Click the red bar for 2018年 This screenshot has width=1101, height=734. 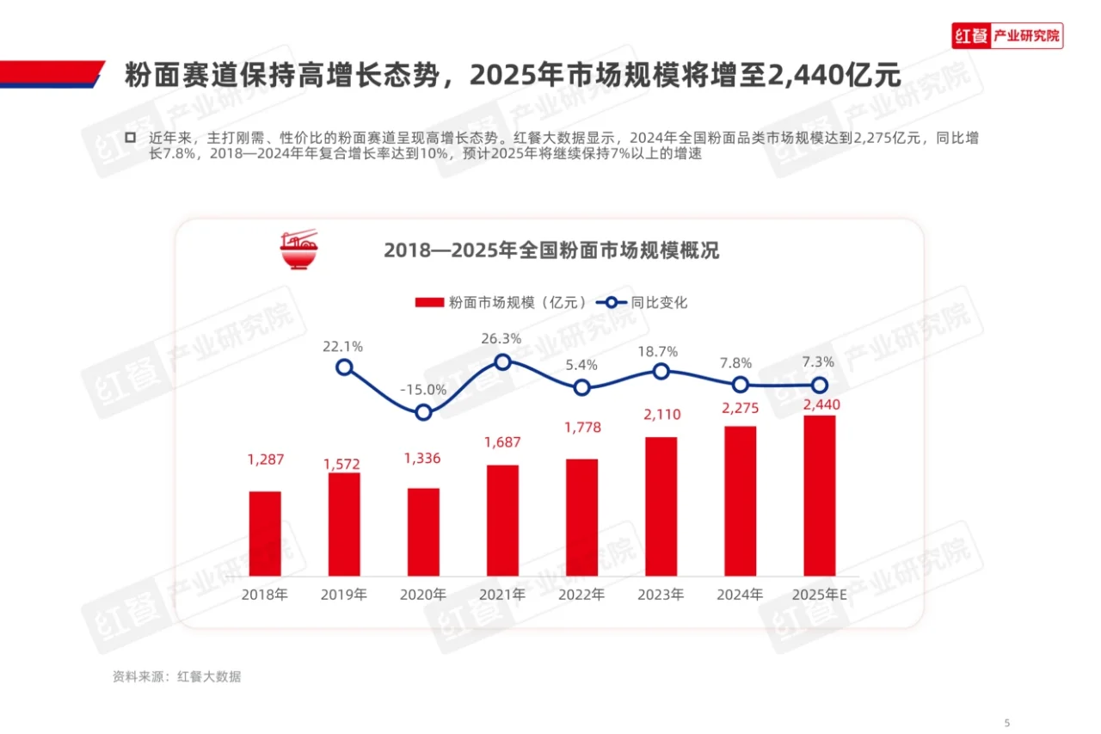coord(265,534)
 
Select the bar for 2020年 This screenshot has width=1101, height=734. coord(423,532)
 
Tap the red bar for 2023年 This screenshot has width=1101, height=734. coord(661,506)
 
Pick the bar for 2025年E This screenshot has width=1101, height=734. coord(819,496)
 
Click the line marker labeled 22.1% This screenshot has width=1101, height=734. coord(344,367)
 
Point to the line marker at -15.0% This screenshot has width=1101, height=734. coord(423,413)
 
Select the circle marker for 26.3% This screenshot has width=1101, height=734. coord(502,361)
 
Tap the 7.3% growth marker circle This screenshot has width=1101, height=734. coord(820,385)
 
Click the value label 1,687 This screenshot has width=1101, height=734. coord(502,442)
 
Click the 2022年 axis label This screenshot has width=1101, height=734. coord(581,595)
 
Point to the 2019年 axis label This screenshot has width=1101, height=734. coord(344,595)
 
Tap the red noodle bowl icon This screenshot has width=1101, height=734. coord(298,250)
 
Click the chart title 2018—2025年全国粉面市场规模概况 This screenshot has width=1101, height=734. coord(550,250)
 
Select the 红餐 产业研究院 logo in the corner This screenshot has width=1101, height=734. coord(1006,36)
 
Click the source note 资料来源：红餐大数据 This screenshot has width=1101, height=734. coord(176,676)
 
